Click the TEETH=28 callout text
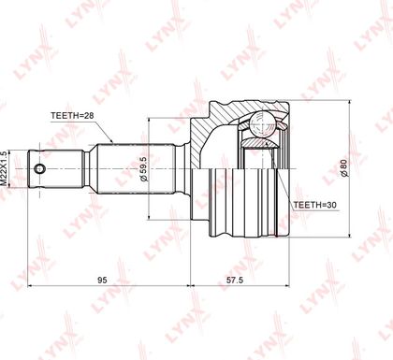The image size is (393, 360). [72, 116]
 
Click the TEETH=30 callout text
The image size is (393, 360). [315, 205]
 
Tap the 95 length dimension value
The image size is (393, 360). [102, 280]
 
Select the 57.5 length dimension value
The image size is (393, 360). [235, 280]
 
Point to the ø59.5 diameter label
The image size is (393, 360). [144, 169]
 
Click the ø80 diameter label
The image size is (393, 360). [344, 168]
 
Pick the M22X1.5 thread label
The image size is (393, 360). [3, 168]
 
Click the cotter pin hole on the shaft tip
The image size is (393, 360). [39, 169]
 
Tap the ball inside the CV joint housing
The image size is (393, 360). [262, 124]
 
